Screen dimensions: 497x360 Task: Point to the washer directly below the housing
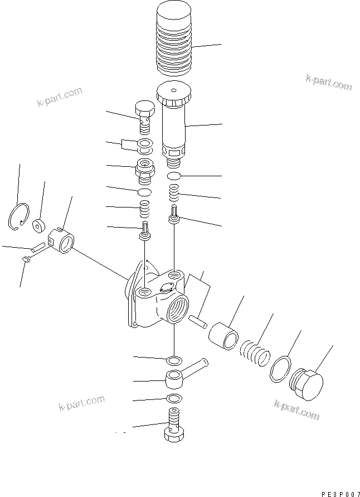(x=173, y=359)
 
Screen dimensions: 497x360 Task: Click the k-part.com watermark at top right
(x=328, y=83)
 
